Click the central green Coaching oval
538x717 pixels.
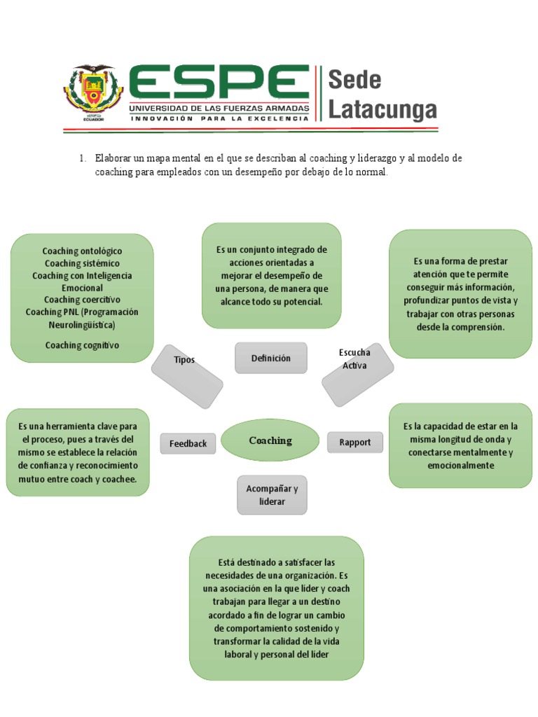tap(270, 440)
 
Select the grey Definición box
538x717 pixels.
tap(270, 358)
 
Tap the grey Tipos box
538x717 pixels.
tap(186, 360)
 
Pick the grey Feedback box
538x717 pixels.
tap(188, 443)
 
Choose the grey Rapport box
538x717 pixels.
tap(354, 442)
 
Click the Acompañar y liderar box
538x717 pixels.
tap(272, 495)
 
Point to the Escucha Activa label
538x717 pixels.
tap(354, 359)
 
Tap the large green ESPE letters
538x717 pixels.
tap(218, 84)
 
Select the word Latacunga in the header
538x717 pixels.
tap(382, 110)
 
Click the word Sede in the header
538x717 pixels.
tap(355, 80)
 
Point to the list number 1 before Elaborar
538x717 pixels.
tap(81, 159)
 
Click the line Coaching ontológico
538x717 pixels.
tap(82, 251)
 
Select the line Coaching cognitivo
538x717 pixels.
tap(82, 345)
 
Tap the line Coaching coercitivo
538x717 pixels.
tap(82, 300)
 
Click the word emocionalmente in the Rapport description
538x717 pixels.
tap(460, 466)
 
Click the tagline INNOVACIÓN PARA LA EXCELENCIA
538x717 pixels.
tap(218, 119)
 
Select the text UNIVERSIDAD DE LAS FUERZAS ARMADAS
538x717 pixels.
tap(218, 109)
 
